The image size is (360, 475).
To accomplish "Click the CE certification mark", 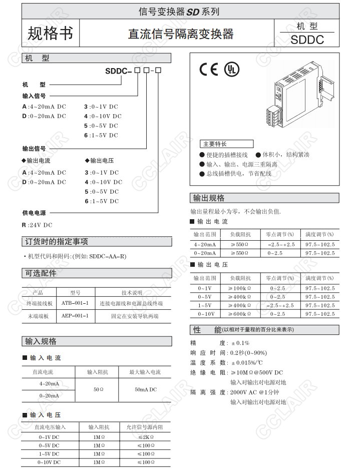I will pos(209,69).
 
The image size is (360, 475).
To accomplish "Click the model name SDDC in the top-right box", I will pos(307,39).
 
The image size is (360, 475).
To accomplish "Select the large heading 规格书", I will pos(50,33).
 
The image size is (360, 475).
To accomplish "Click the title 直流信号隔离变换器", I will pos(181,34).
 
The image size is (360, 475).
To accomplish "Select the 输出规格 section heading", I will pos(209,197).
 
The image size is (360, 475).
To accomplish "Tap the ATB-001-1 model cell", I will pos(75,303).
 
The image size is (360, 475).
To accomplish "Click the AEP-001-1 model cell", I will pos(75,316).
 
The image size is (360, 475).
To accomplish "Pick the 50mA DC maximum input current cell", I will pos(145,389).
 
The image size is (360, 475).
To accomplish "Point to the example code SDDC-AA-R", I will pos(108,256).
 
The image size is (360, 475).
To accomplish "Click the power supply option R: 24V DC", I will pos(37,225).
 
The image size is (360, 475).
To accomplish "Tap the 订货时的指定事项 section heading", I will pos(57,242).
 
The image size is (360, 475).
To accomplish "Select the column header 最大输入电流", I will pos(145,372).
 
